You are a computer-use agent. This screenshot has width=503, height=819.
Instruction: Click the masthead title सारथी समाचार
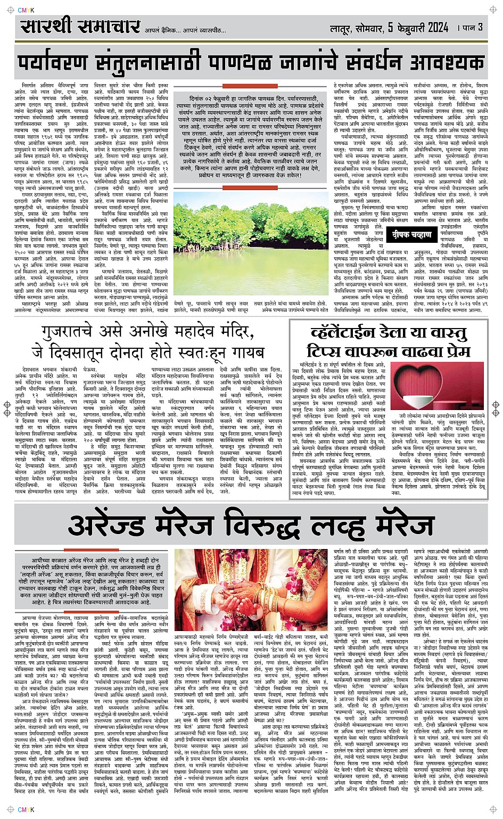click(80, 27)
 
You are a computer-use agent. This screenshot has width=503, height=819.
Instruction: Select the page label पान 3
click(471, 27)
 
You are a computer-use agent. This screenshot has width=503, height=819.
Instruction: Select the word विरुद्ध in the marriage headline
click(266, 527)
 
